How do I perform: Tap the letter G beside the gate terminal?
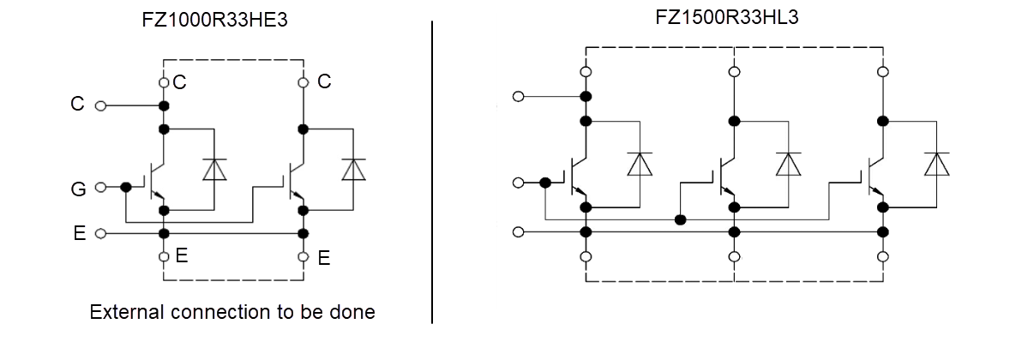(x=78, y=189)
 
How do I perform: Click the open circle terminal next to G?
(x=100, y=187)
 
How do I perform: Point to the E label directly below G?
(x=78, y=233)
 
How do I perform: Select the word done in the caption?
(x=354, y=312)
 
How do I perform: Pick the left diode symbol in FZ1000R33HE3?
(x=213, y=169)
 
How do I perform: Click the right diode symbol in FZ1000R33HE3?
(x=352, y=169)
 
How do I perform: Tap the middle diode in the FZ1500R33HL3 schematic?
(x=788, y=164)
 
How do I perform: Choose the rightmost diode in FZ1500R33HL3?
(x=936, y=164)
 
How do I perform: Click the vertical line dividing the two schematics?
(x=432, y=171)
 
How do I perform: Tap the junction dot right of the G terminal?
(x=126, y=187)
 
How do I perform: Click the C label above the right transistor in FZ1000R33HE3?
(x=324, y=81)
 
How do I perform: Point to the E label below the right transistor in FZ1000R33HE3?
(x=324, y=257)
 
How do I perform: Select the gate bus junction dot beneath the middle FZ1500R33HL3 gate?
(x=681, y=219)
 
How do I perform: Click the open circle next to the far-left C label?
(x=100, y=105)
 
